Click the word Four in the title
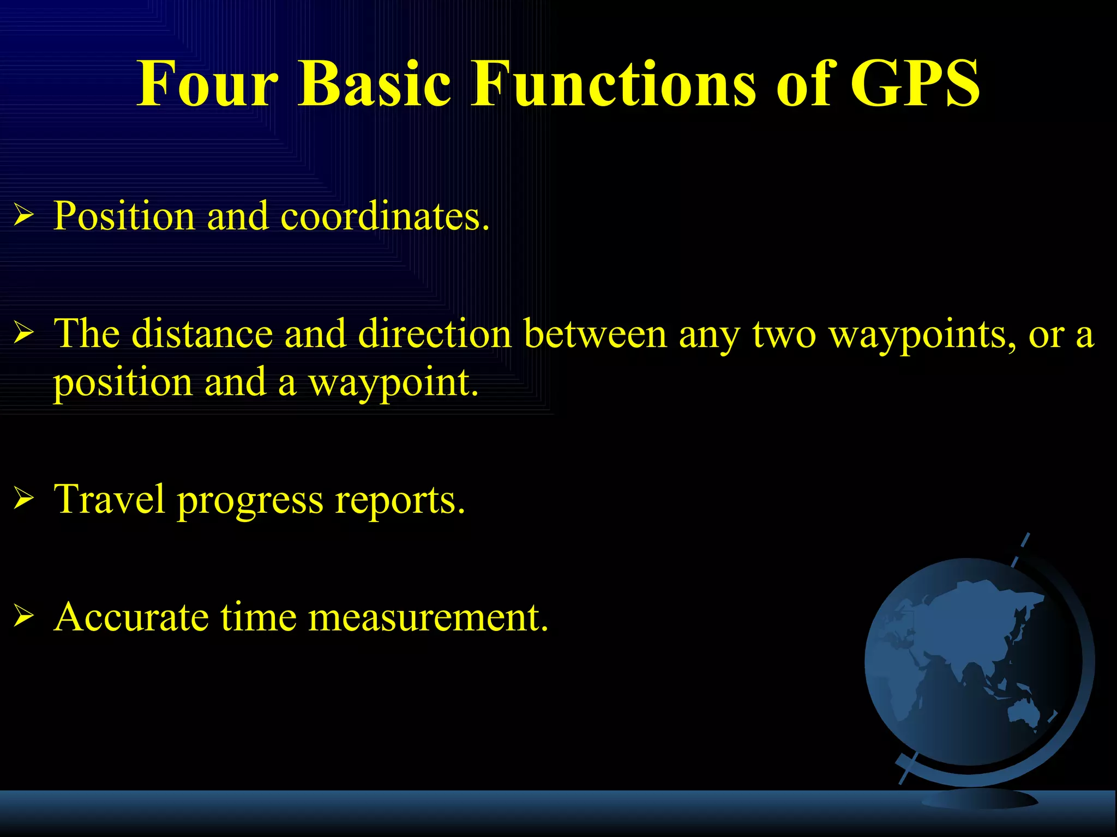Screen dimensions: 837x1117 (x=208, y=84)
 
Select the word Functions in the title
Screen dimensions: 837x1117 (x=614, y=84)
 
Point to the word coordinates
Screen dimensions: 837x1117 (x=385, y=216)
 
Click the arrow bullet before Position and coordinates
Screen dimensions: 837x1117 (x=24, y=216)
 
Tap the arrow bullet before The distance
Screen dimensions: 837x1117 (x=24, y=333)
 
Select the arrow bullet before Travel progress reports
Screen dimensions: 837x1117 (x=24, y=499)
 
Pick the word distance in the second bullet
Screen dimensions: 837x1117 (x=202, y=333)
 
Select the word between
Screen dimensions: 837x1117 (x=595, y=333)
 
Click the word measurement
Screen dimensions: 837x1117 (x=428, y=617)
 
